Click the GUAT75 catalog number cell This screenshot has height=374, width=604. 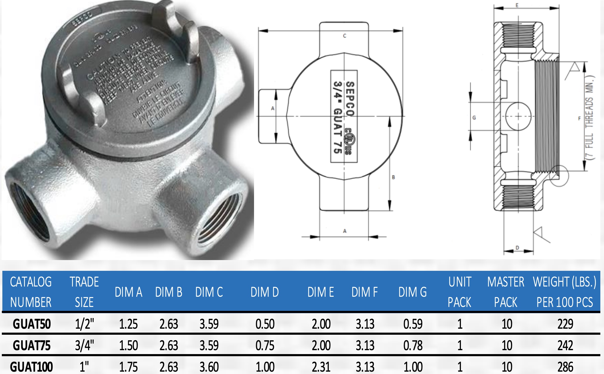coord(31,345)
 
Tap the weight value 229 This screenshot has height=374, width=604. coord(565,324)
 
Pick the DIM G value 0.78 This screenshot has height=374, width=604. coord(413,345)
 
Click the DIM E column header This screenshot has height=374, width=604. coord(320,292)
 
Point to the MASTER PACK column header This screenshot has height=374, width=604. coord(506,292)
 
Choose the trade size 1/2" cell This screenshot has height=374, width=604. coord(84,324)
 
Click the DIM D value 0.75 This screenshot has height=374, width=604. coord(265,345)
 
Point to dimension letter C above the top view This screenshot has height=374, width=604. coord(345,36)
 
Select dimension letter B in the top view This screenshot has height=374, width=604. coord(393,177)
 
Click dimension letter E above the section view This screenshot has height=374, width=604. coord(517,5)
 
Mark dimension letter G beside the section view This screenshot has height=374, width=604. coord(474,118)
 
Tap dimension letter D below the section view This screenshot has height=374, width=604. coord(517,247)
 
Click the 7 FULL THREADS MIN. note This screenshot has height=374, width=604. coord(589,118)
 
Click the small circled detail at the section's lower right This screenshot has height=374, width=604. coord(559,176)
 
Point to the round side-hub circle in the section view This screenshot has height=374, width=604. coord(518,116)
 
